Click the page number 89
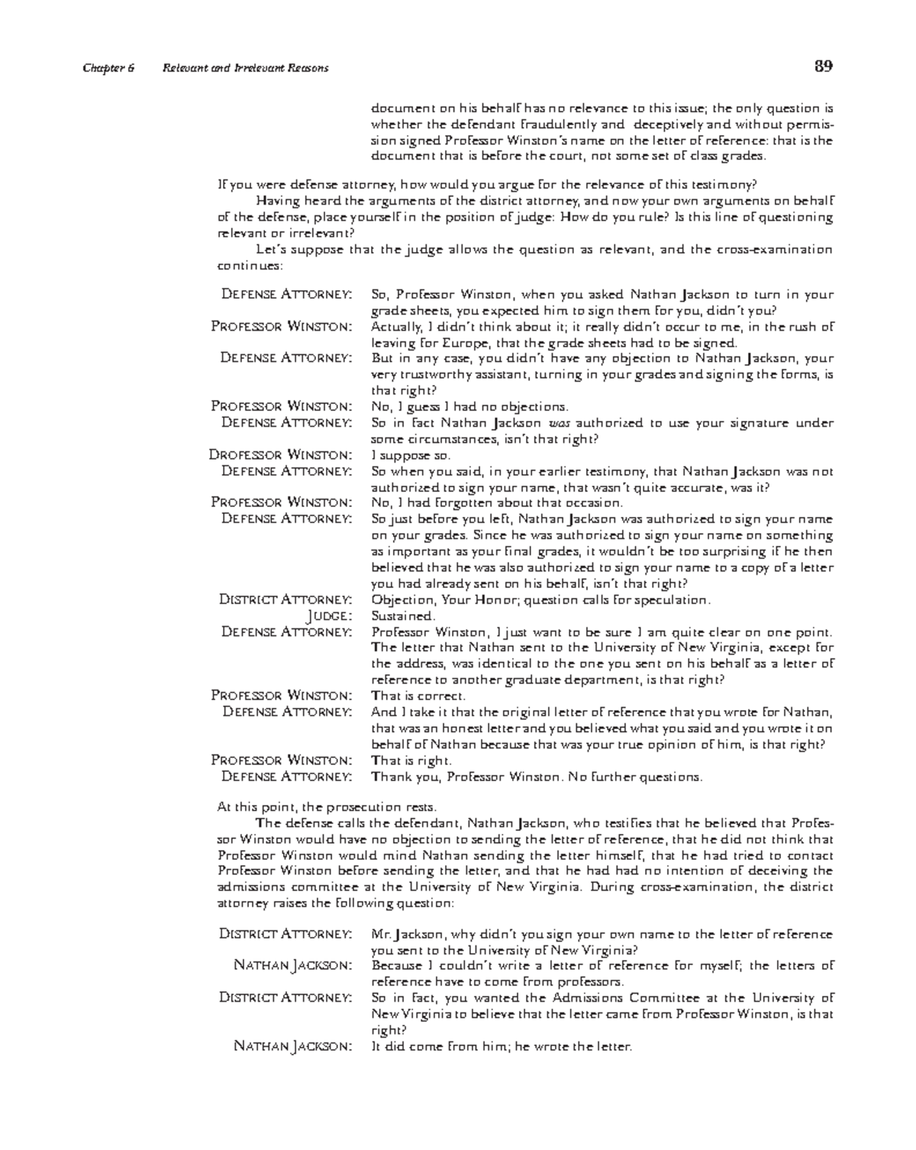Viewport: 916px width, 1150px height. pyautogui.click(x=823, y=66)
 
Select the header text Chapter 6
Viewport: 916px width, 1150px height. pyautogui.click(x=108, y=68)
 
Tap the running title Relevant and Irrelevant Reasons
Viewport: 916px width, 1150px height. pyautogui.click(x=245, y=68)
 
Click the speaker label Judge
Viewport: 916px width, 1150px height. pyautogui.click(x=329, y=616)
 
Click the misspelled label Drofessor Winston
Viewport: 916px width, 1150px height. pyautogui.click(x=280, y=455)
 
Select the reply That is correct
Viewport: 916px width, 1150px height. pyautogui.click(x=418, y=696)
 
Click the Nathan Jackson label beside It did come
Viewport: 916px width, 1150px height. pyautogui.click(x=292, y=1047)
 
